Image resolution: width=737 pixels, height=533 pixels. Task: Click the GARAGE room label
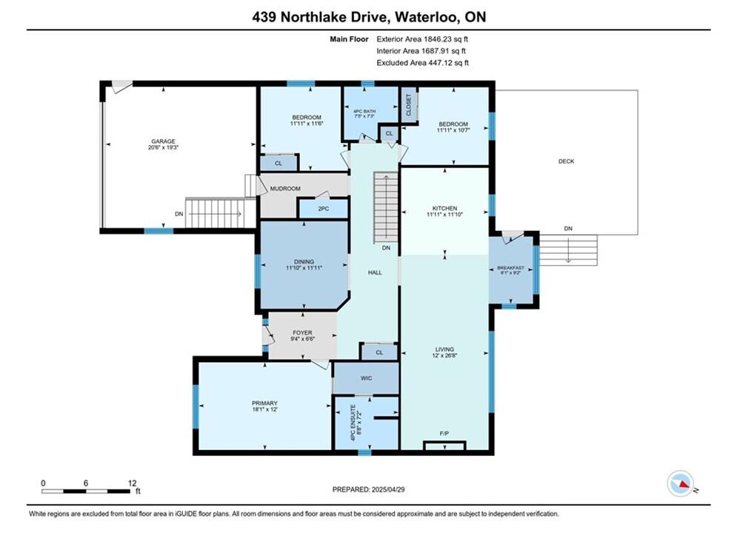click(x=163, y=141)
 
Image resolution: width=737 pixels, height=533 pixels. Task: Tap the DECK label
click(x=567, y=161)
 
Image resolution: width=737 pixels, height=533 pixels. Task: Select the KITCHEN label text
click(x=444, y=208)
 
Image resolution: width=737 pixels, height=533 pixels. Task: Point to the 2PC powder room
click(x=324, y=209)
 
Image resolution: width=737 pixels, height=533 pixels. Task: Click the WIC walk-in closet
click(x=366, y=378)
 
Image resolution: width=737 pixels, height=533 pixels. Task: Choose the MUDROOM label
click(x=285, y=188)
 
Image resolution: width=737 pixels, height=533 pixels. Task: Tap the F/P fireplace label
click(x=444, y=434)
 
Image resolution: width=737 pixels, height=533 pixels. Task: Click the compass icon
click(x=680, y=483)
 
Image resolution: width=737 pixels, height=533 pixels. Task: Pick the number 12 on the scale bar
click(x=132, y=483)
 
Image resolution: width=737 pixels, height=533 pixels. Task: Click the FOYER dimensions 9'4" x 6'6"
click(x=302, y=338)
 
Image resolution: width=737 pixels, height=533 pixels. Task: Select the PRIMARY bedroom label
click(x=264, y=403)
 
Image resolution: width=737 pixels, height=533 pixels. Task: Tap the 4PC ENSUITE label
click(x=353, y=422)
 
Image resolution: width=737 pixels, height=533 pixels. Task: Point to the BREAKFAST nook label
click(x=510, y=268)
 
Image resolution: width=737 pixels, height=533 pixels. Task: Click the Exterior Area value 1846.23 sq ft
click(x=446, y=39)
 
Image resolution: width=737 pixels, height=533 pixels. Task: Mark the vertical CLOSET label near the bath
click(x=408, y=104)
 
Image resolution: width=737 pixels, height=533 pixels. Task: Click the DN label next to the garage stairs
click(x=179, y=214)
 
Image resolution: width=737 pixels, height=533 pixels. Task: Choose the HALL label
click(x=375, y=272)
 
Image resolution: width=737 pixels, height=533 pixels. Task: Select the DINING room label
click(x=304, y=261)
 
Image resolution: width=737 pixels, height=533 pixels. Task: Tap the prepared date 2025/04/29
click(x=388, y=489)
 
